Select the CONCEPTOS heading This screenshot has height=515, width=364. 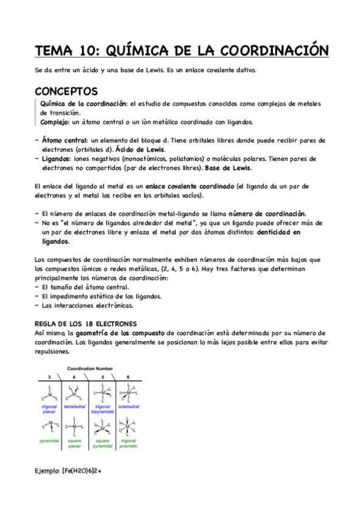point(66,91)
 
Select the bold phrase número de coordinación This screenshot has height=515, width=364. point(267,214)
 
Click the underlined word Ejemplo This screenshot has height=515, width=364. point(47,470)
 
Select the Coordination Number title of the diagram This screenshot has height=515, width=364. point(90,369)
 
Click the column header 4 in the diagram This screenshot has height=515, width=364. point(74,377)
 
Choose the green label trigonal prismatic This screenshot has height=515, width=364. point(128,443)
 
